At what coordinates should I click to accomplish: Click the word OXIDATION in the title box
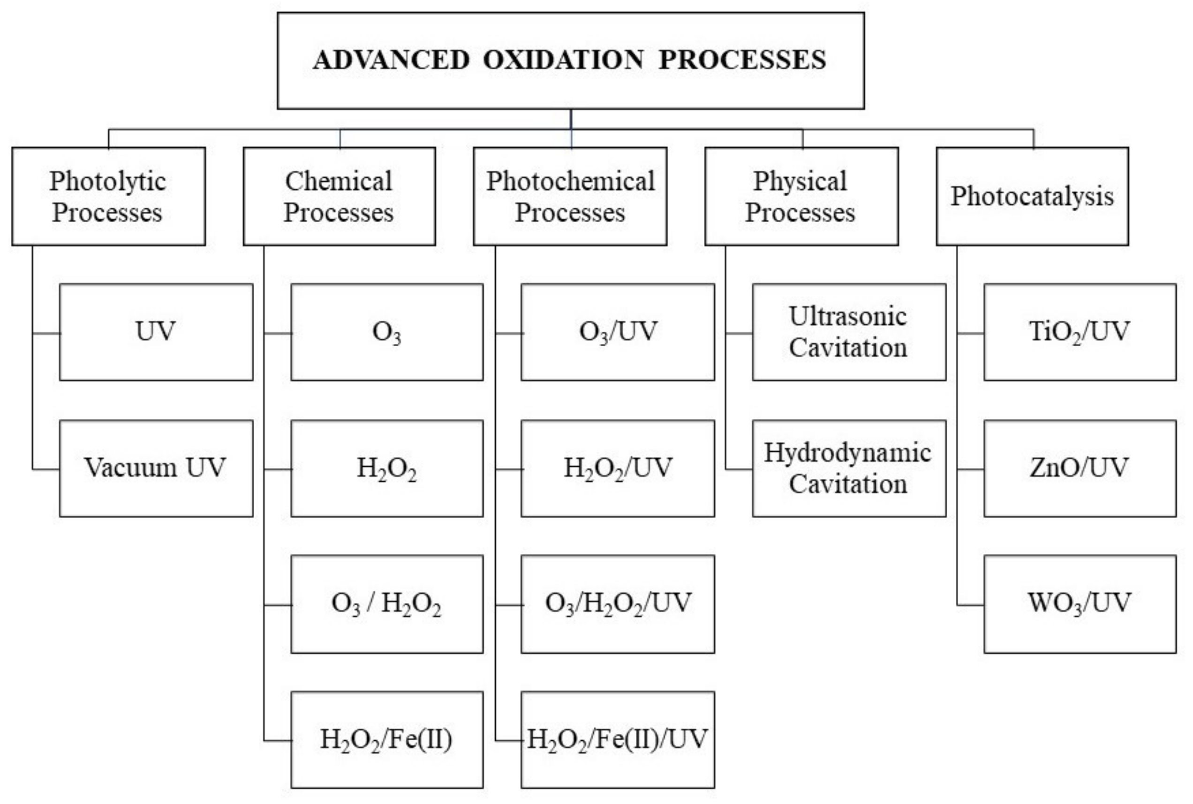pos(563,60)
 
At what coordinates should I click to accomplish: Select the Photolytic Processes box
pos(108,196)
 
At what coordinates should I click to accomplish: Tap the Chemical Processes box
pos(339,196)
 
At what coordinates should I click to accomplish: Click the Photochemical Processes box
pos(570,196)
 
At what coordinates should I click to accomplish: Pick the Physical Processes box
pos(801,196)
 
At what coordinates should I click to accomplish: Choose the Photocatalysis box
pos(1032,196)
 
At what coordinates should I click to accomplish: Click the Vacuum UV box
pos(156,468)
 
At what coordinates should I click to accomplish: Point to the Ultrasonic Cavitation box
pos(849,332)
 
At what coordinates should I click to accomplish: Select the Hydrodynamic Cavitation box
pos(849,468)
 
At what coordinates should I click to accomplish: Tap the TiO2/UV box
pos(1080,332)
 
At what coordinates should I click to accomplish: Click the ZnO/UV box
pos(1080,468)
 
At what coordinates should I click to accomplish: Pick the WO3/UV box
pos(1080,603)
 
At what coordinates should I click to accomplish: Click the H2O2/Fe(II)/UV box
pos(617,739)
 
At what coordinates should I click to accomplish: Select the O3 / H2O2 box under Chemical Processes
pos(386,603)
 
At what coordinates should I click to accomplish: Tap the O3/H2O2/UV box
pos(617,603)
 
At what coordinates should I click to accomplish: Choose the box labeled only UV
pos(156,332)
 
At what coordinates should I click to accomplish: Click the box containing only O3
pos(386,332)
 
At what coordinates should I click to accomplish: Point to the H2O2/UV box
pos(617,468)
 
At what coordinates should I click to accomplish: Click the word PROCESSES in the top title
pos(742,60)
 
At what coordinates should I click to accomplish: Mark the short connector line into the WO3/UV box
pos(970,605)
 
